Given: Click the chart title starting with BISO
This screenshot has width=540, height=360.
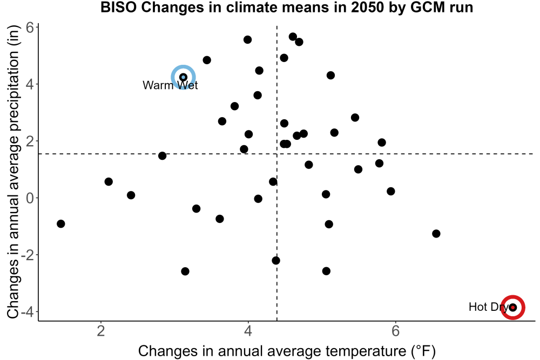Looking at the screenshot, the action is coord(287,7).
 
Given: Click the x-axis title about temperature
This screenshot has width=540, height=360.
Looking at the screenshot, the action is coord(287,351).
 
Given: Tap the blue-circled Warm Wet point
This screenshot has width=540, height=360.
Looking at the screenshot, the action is coord(183,77).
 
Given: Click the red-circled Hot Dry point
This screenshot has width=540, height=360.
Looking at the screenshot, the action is coord(513,307).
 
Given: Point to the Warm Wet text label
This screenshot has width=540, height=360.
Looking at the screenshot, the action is coord(170,85).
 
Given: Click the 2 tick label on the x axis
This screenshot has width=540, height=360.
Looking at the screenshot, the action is coord(100,331).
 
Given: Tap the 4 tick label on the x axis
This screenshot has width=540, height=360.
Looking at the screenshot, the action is coord(248,331).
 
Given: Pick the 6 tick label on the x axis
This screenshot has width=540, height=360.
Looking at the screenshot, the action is coord(395,331).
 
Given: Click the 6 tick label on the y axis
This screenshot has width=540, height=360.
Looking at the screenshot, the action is coord(30,28).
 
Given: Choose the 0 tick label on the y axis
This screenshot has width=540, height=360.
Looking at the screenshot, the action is coord(30,198).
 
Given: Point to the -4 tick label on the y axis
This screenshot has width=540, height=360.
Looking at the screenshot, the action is coord(27,312).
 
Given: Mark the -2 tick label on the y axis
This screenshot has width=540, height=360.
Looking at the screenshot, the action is coord(27,255).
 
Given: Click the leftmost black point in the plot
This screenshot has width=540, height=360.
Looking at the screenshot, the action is coord(60,223).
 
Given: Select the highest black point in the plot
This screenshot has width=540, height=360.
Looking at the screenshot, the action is coord(293,37).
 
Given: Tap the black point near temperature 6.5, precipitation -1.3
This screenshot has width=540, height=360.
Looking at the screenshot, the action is coord(436,234).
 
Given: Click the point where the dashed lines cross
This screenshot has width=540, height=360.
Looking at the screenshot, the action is coord(277,154).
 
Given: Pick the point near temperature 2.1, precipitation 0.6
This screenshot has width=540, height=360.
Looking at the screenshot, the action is coord(109,182).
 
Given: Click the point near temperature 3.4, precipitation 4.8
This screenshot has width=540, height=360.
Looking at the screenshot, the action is coord(207,60).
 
